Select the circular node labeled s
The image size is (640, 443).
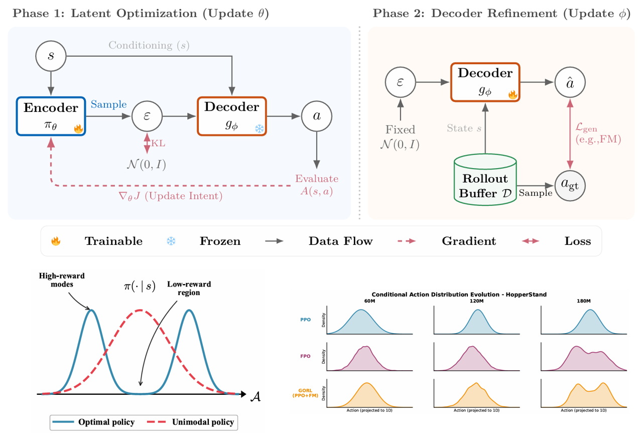51,55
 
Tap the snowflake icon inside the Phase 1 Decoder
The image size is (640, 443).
260,128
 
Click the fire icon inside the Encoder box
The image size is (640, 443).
78,129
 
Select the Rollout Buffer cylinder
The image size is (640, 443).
485,179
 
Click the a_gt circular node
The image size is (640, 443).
570,185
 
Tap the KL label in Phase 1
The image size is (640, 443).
158,143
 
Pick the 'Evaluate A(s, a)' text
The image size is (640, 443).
316,184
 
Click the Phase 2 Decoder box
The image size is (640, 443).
485,81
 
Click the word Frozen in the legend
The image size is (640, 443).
220,241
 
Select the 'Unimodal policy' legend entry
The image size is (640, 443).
201,422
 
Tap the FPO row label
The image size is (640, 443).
305,356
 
